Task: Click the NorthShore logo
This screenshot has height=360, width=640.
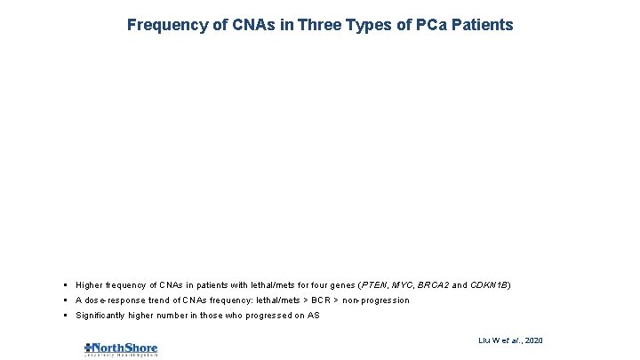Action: pos(121,348)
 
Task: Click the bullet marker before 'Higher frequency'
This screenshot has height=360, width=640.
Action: pos(68,285)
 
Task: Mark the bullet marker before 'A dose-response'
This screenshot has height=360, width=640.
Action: pos(68,300)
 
